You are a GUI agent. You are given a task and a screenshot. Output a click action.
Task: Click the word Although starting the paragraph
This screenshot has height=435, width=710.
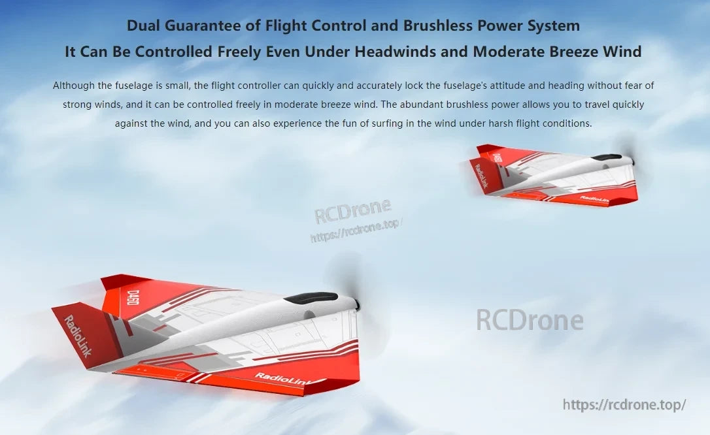[74, 86]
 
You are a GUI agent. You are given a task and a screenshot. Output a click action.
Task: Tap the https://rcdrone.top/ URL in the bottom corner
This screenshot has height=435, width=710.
[624, 405]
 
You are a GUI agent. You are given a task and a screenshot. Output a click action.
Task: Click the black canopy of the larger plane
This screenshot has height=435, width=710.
[311, 298]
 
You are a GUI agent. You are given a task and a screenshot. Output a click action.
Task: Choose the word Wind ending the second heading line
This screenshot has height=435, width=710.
[622, 52]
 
